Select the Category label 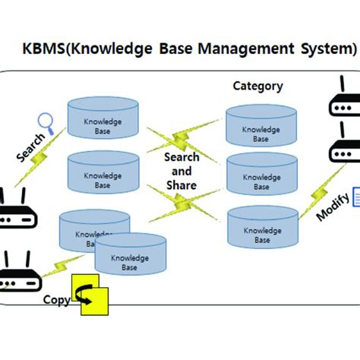pos(257,87)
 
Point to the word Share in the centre pos(182,185)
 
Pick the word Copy pos(56,299)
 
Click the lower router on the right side pos(344,148)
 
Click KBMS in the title pos(47,50)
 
